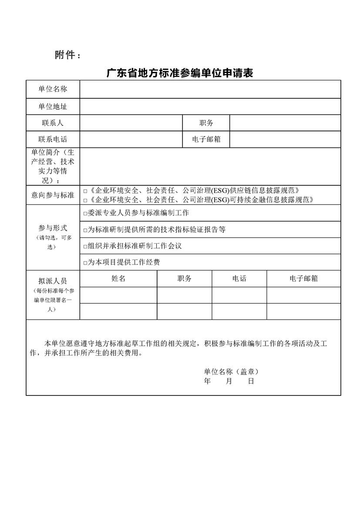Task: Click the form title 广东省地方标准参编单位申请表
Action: [x=180, y=73]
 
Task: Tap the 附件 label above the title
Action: [x=67, y=55]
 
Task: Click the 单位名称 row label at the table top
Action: [x=53, y=89]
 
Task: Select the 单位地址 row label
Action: [x=53, y=107]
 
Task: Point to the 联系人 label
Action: [x=53, y=123]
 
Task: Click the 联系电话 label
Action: [x=53, y=140]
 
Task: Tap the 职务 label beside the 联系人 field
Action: [x=206, y=123]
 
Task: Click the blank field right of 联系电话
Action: [x=131, y=140]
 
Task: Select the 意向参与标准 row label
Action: [x=53, y=195]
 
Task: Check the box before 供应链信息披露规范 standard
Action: [x=85, y=191]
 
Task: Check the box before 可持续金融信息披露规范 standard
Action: [x=85, y=201]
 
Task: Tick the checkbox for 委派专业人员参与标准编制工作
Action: [x=85, y=213]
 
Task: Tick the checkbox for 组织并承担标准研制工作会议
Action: [x=85, y=246]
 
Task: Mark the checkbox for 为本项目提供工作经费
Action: [x=85, y=263]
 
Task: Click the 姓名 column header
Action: [x=118, y=278]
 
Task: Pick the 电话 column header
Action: [x=239, y=278]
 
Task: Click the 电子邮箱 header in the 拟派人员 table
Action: [x=303, y=278]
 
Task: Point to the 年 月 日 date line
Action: [x=229, y=381]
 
